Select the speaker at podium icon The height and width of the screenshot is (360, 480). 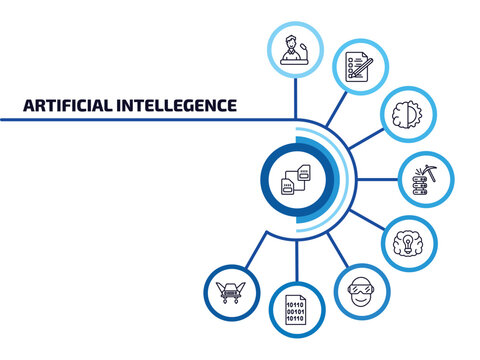pos(295,48)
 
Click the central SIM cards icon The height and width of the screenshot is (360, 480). pos(294,179)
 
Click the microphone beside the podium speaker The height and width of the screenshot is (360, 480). pos(304,43)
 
